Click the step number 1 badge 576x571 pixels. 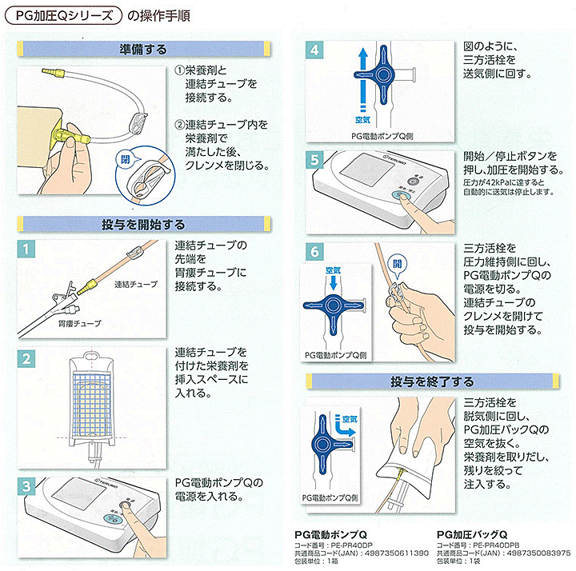click(x=28, y=248)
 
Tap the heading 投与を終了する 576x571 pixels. click(x=432, y=381)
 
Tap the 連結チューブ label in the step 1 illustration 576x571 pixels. click(x=135, y=284)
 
